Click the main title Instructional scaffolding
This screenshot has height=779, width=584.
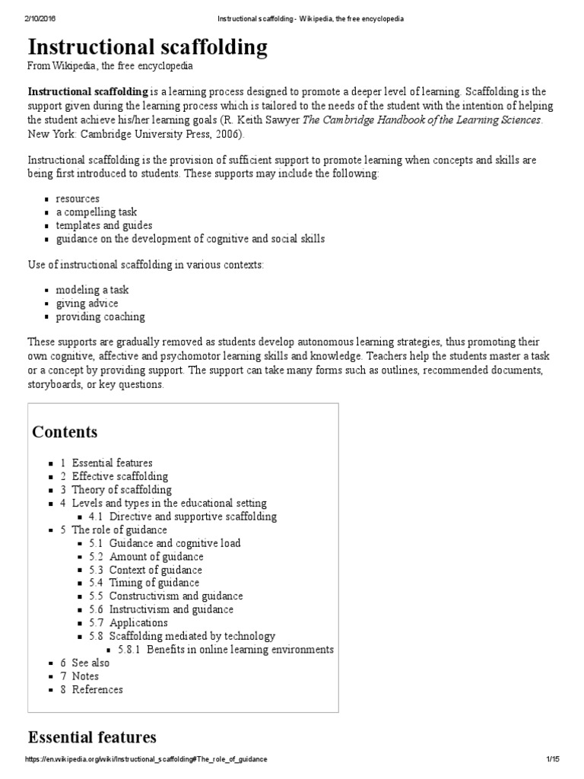(148, 48)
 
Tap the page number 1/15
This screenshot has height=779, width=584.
(553, 760)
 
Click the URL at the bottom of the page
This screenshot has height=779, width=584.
(146, 760)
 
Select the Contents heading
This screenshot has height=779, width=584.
(65, 432)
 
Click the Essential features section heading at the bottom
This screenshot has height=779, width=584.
(92, 737)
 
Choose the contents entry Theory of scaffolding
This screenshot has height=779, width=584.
(122, 490)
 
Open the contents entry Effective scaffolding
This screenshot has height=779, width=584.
(120, 476)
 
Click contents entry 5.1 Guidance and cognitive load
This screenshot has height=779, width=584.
(175, 543)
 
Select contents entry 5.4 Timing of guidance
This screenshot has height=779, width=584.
(154, 583)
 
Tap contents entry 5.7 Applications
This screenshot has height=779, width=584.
(138, 622)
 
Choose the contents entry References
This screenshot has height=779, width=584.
(97, 689)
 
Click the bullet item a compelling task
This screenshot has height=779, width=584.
(96, 212)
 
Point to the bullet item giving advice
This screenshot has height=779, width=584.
(87, 304)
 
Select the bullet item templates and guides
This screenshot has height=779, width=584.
(103, 226)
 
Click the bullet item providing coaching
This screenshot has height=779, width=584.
(100, 316)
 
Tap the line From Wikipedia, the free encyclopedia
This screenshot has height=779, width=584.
(109, 68)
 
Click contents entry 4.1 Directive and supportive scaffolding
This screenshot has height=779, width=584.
(193, 517)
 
